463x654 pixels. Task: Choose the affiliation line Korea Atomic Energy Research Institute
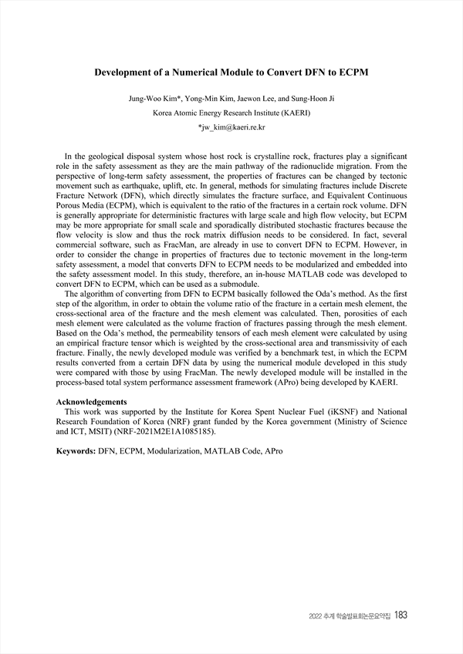coord(231,113)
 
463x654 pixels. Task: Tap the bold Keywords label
coord(76,448)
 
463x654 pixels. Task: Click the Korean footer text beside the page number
coord(349,616)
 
